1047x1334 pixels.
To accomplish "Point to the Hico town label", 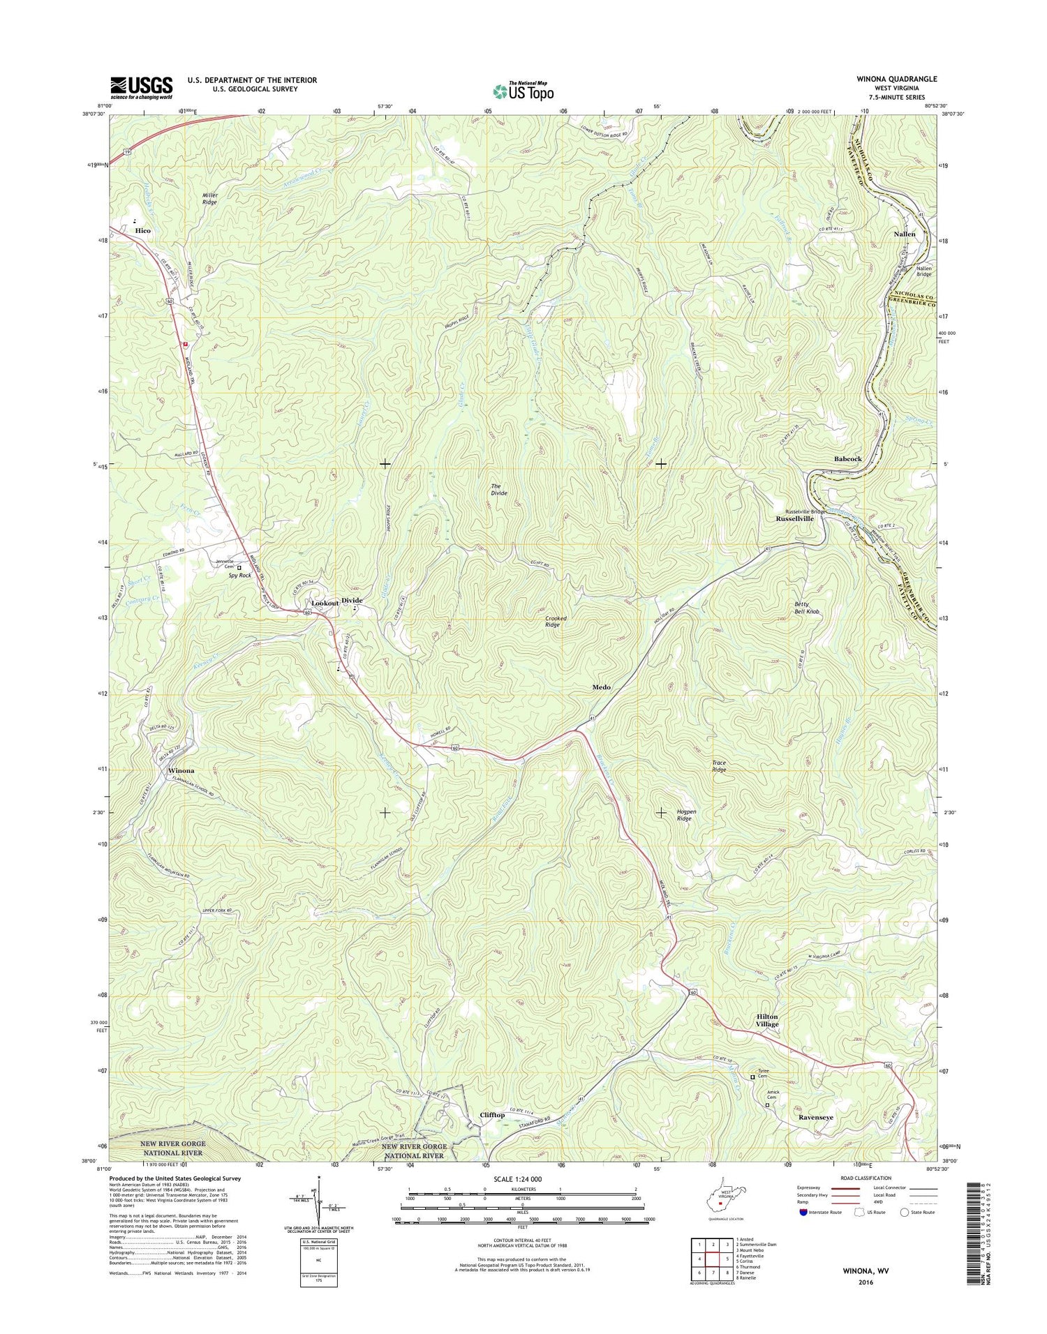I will pyautogui.click(x=142, y=230).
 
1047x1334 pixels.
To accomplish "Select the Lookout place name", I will pyautogui.click(x=325, y=602).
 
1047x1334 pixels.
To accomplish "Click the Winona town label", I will pyautogui.click(x=181, y=770).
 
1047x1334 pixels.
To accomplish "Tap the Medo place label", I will pyautogui.click(x=601, y=687).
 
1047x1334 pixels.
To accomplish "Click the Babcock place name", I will pyautogui.click(x=847, y=459).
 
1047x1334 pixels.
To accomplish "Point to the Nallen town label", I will pyautogui.click(x=905, y=234).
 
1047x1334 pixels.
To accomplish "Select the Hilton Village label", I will pyautogui.click(x=766, y=1020).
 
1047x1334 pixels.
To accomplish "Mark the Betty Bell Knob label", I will pyautogui.click(x=806, y=608).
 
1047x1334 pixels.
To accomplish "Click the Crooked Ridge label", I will pyautogui.click(x=556, y=621).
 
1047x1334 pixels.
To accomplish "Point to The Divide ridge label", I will pyautogui.click(x=498, y=489).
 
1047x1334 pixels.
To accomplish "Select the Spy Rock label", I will pyautogui.click(x=239, y=575).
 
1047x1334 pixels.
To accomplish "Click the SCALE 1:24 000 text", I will pyautogui.click(x=521, y=1178).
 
